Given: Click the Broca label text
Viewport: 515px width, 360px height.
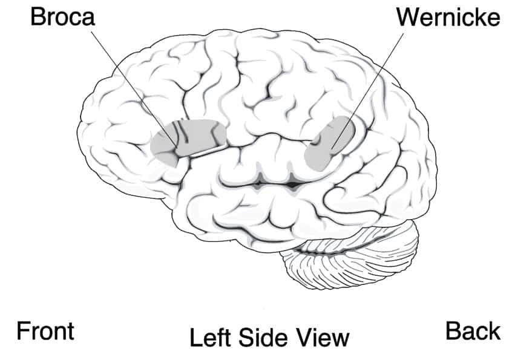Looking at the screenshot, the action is coord(62,17).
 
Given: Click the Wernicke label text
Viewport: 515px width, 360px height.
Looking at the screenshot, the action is coord(448,17).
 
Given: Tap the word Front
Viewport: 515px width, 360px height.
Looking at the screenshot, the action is coord(45,331).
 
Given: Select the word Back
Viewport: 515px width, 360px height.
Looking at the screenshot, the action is coord(473,331).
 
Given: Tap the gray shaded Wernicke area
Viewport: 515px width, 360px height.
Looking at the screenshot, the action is coord(329,143).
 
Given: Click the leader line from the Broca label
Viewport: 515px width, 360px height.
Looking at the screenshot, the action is coord(133,89).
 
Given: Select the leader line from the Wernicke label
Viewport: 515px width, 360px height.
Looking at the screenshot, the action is coord(368,90).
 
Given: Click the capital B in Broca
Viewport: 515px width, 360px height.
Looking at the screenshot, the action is coord(38,17).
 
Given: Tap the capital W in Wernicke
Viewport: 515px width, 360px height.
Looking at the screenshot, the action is coord(408,17).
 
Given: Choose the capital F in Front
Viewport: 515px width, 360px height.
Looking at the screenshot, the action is coord(23,331).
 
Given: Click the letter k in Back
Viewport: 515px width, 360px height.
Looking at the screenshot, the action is coord(494,331).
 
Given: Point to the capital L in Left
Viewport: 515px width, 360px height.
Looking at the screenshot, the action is coord(195,338).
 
